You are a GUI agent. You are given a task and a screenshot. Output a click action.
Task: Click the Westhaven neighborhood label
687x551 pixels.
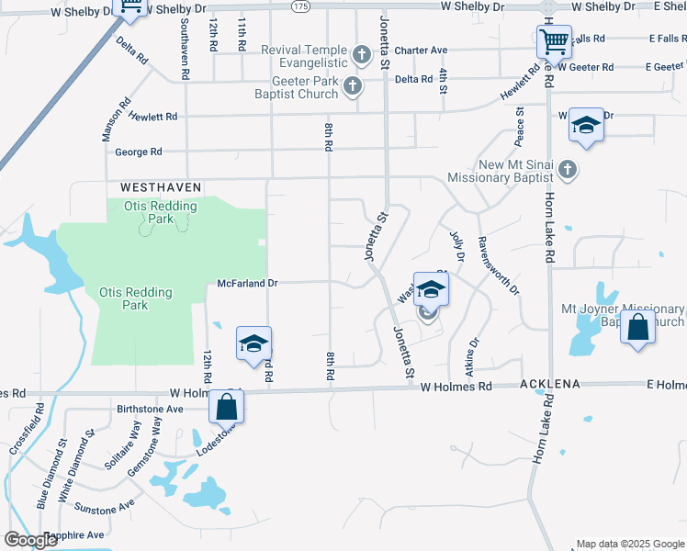point(161,186)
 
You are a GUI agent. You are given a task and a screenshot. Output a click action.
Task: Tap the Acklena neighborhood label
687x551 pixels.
point(552,384)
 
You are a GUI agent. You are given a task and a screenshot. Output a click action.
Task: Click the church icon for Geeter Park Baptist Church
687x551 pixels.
point(352,87)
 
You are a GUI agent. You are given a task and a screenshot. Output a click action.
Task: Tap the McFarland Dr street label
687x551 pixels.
point(247,284)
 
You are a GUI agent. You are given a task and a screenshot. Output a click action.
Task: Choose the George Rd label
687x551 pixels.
point(139,152)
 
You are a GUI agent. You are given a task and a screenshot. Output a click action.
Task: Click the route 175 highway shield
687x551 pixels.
point(300,6)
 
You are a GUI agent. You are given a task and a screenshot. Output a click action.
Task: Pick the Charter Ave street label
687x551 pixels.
point(421,51)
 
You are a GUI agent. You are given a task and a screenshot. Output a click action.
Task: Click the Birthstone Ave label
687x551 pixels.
point(151,410)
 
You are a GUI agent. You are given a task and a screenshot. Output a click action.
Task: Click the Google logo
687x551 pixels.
point(31,540)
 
